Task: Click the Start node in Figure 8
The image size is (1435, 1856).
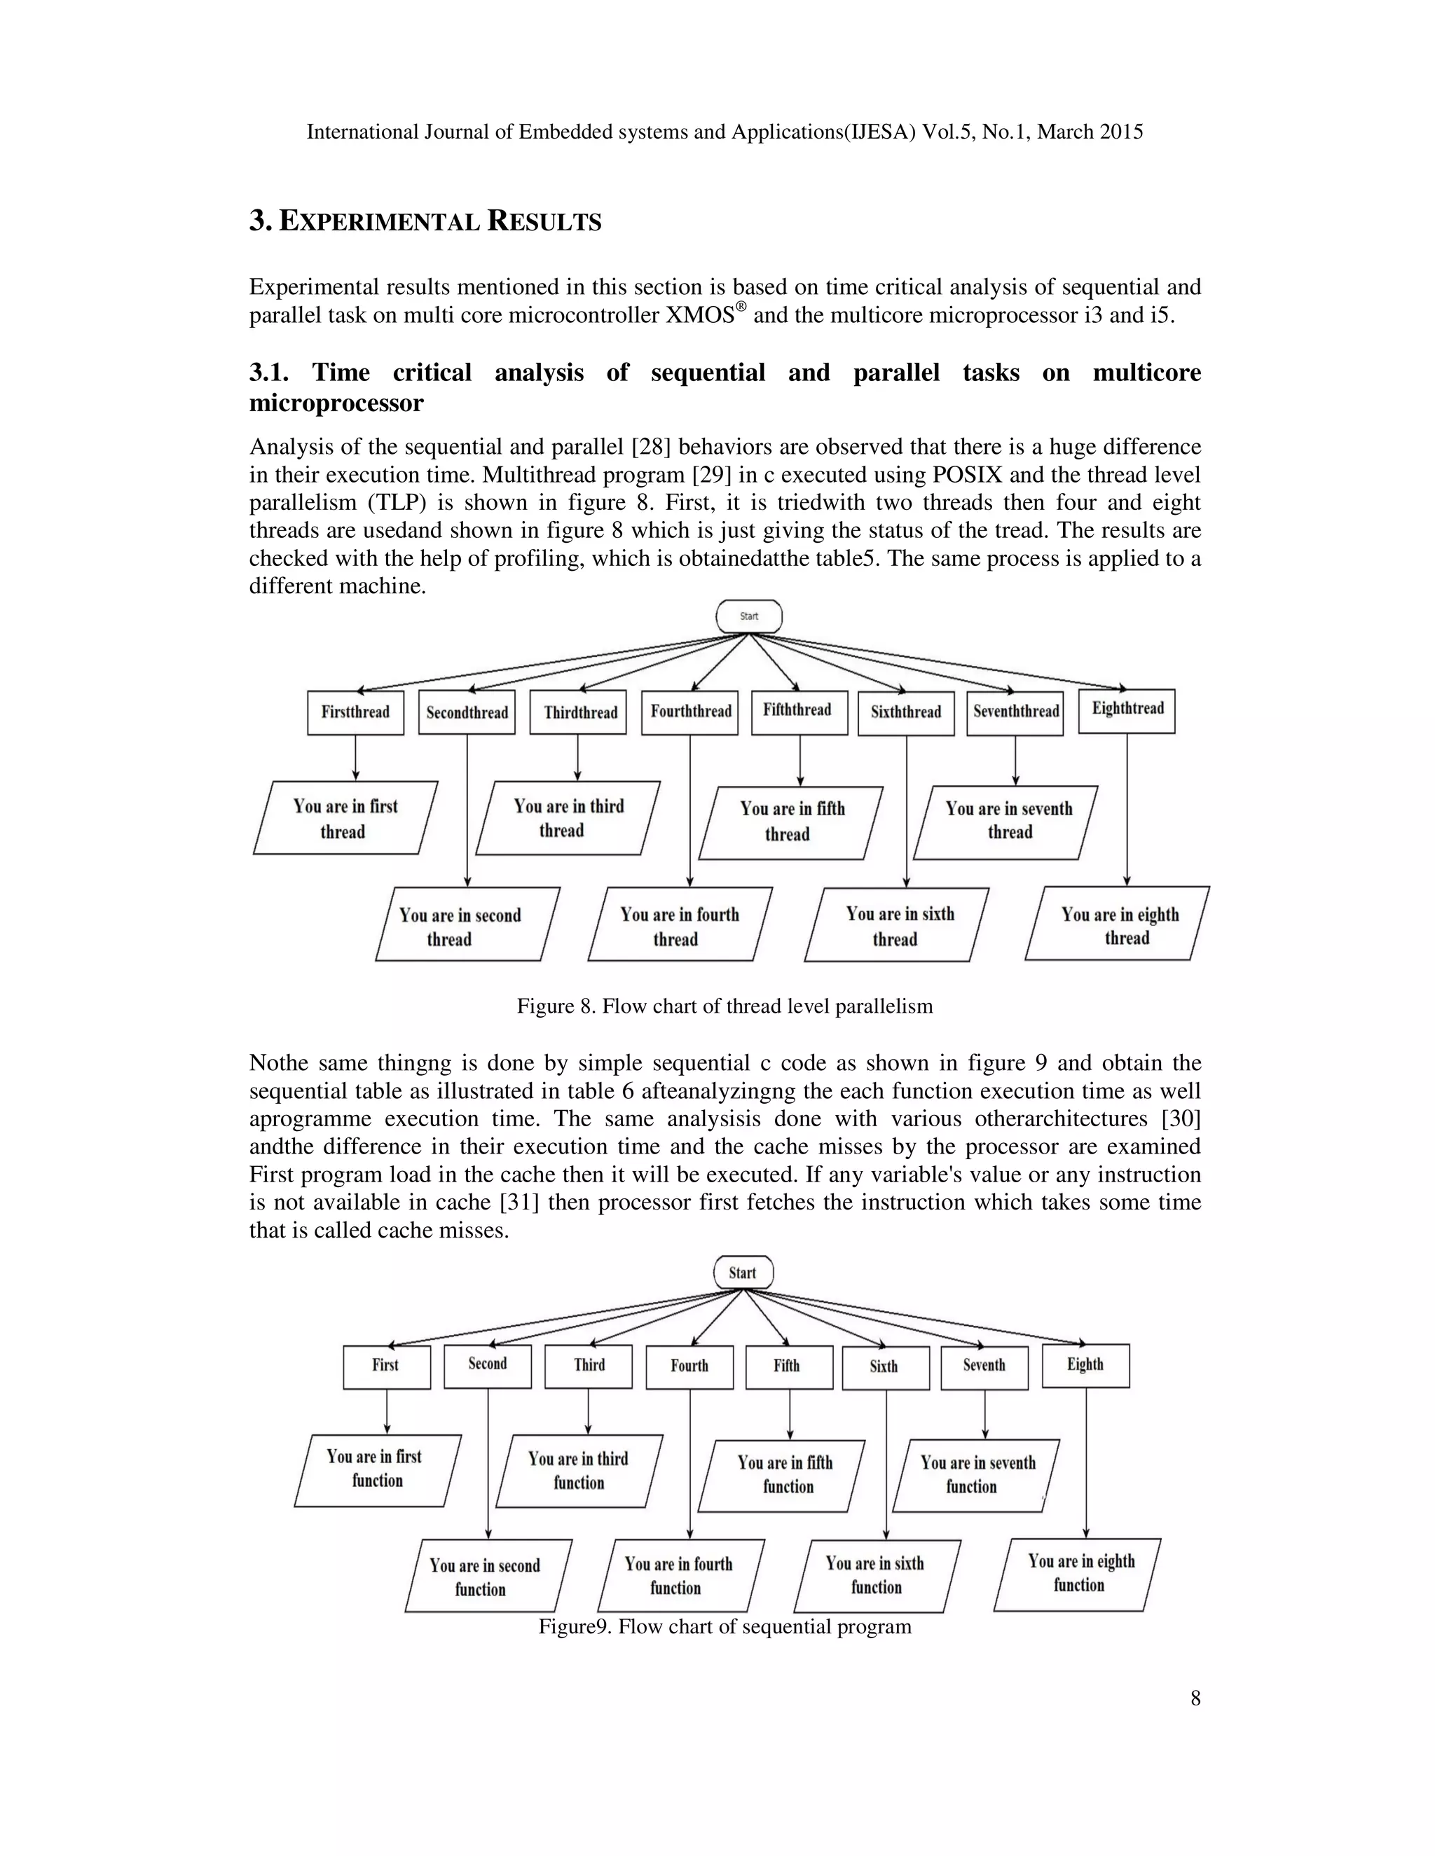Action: [748, 616]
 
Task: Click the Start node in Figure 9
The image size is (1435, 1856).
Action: [743, 1272]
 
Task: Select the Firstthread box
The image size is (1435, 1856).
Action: [355, 712]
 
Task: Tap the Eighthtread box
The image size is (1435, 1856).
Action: [1127, 710]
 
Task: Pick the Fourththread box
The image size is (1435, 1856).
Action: [690, 712]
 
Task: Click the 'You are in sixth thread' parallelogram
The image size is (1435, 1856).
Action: [897, 925]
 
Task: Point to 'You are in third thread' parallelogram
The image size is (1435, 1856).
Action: [568, 818]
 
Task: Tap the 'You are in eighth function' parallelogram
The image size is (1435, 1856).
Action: [1078, 1574]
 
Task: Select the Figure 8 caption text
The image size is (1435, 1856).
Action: [725, 1006]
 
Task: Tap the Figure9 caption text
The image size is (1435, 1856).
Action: [725, 1626]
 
